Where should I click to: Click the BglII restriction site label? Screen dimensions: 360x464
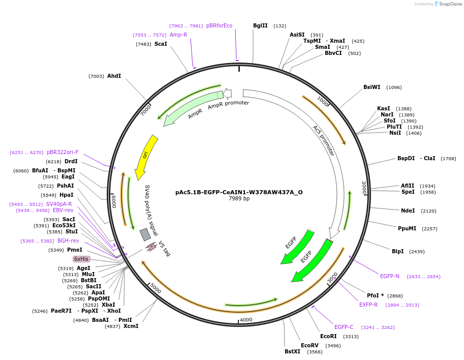click(x=260, y=25)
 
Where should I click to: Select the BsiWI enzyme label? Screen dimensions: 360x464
click(x=372, y=87)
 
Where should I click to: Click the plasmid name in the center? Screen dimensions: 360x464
click(x=239, y=192)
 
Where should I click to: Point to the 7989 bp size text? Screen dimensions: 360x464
click(x=239, y=199)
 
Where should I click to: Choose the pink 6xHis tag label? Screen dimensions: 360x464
click(x=81, y=259)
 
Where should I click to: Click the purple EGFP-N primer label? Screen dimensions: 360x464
click(x=390, y=276)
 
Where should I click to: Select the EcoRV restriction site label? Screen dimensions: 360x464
click(x=310, y=345)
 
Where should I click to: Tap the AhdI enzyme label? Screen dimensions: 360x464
click(x=114, y=76)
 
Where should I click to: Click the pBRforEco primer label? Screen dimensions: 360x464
click(x=219, y=25)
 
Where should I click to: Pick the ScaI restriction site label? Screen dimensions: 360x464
click(x=161, y=44)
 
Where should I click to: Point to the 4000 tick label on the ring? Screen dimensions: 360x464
click(x=246, y=319)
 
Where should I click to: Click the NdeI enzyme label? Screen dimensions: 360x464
click(x=408, y=211)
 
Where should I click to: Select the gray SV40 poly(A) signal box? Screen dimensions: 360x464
click(x=145, y=234)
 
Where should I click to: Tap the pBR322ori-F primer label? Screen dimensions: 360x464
click(x=63, y=152)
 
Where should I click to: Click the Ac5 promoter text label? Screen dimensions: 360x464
click(x=324, y=140)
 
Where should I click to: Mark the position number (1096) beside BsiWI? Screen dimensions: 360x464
click(x=394, y=87)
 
